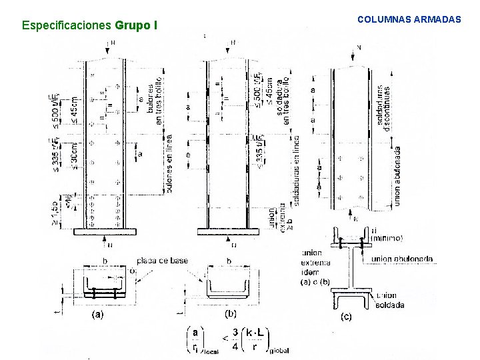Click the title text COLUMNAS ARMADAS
[409, 20]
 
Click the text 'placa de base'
[162, 260]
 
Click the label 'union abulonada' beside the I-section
[402, 259]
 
